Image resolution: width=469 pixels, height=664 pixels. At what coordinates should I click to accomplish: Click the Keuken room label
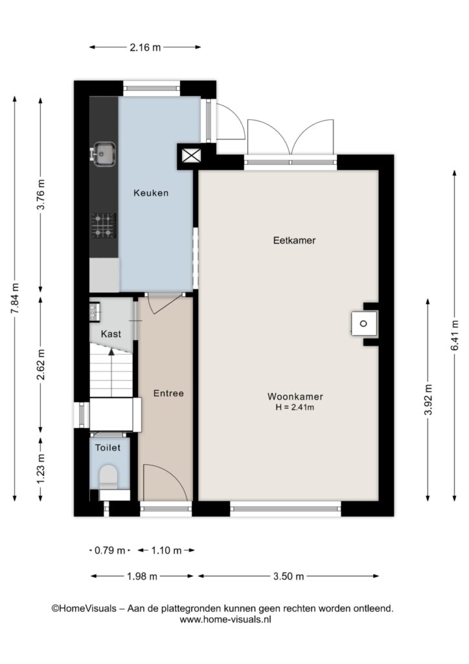point(151,193)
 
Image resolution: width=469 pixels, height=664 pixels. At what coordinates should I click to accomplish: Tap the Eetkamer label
point(294,241)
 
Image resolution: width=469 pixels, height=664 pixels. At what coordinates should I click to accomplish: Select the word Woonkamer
point(295,397)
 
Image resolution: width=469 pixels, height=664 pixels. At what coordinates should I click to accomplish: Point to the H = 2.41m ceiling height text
point(295,408)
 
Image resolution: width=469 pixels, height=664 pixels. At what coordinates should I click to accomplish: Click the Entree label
point(168,394)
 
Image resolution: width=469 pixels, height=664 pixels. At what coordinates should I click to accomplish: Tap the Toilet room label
point(108,447)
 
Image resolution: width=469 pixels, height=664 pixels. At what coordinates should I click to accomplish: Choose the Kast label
point(111,334)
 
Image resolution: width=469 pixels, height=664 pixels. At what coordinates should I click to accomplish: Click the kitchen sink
point(103,154)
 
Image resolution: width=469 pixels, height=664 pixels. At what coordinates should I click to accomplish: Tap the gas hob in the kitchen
point(104,226)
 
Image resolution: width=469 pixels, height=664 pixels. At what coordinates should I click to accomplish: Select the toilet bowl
point(108,476)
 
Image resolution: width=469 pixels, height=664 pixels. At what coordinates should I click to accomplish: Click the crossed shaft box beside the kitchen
point(191,156)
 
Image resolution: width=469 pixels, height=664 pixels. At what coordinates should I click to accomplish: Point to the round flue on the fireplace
point(363,324)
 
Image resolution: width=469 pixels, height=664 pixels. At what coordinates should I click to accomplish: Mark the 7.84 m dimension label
point(15,298)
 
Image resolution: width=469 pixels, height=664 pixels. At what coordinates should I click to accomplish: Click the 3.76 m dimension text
point(41,195)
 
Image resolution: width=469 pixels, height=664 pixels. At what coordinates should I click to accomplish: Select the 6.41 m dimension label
point(455,335)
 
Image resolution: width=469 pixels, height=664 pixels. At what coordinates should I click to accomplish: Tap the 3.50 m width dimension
point(288,576)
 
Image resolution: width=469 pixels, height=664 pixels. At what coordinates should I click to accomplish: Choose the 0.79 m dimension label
point(109,551)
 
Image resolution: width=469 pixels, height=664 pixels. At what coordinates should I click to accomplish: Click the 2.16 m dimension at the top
point(145,47)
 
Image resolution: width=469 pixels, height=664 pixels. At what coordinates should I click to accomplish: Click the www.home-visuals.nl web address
point(225,619)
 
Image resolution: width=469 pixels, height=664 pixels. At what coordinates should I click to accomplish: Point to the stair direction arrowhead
point(111,351)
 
